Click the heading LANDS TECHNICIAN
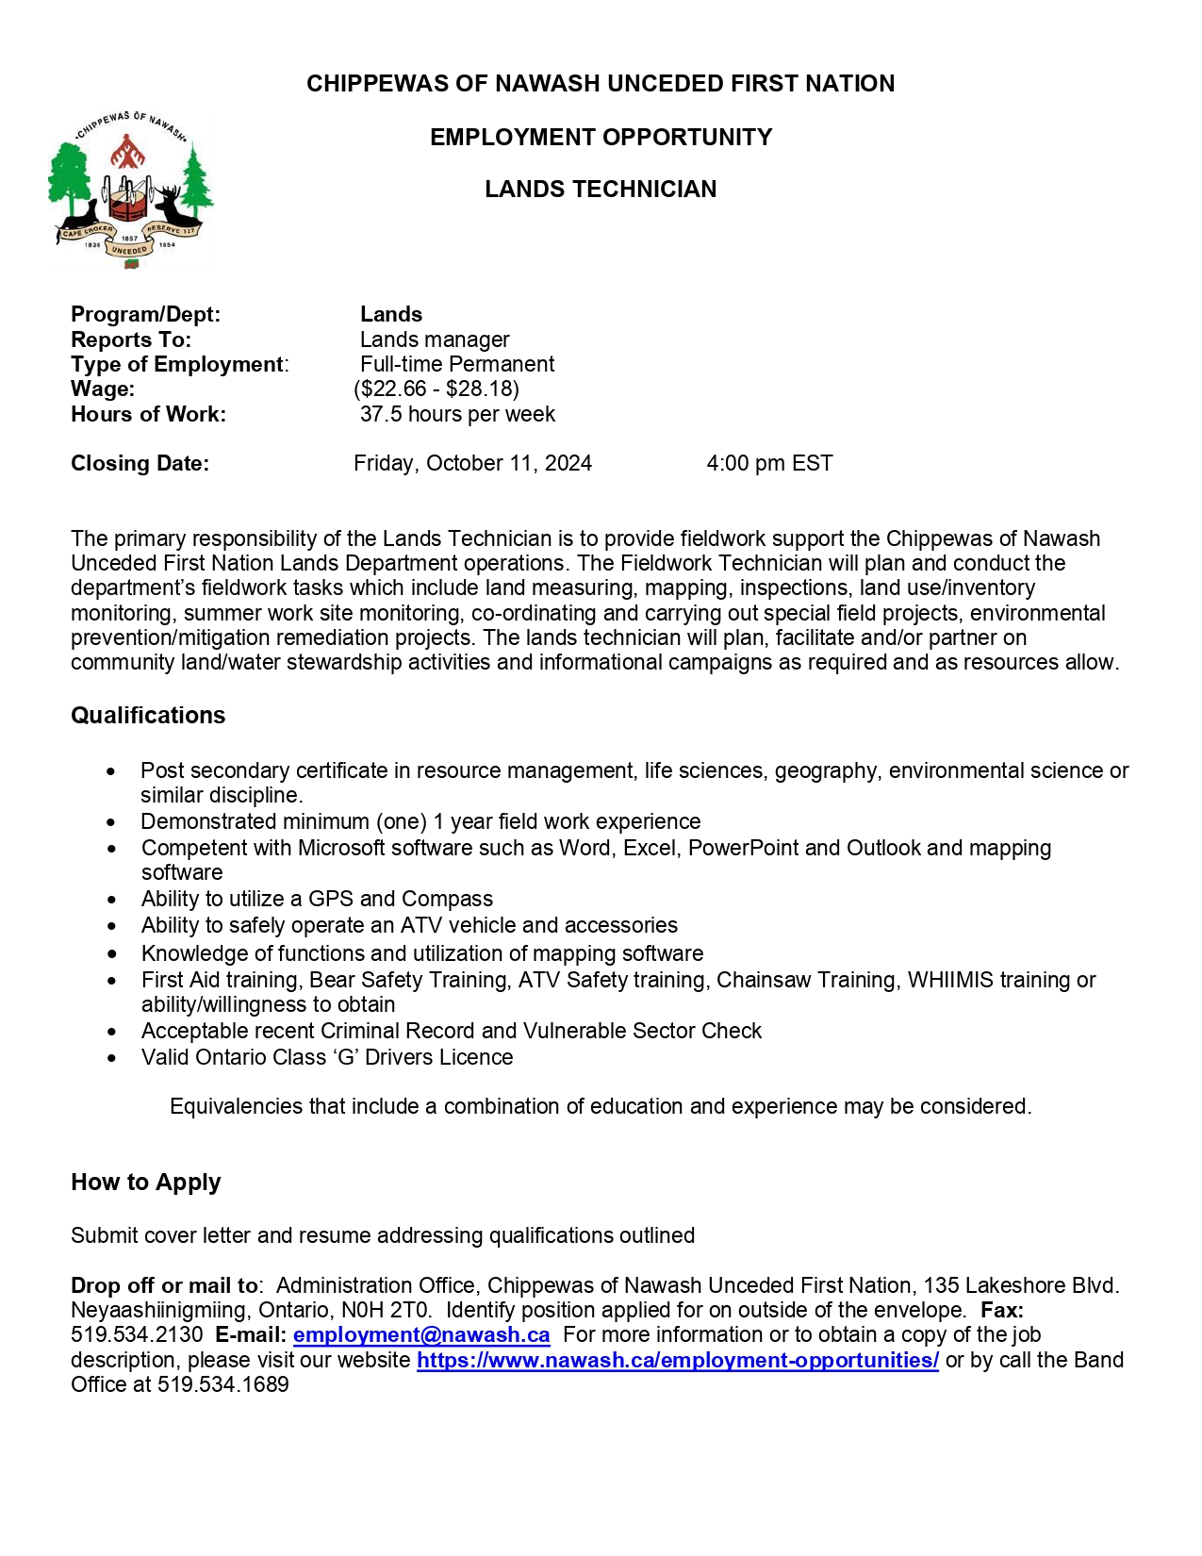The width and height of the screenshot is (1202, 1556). [601, 190]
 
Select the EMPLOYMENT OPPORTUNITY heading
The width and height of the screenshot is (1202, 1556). [601, 138]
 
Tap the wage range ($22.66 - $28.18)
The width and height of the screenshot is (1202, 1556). [436, 389]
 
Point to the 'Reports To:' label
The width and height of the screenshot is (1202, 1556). [131, 339]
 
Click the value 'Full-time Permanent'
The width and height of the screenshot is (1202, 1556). [457, 364]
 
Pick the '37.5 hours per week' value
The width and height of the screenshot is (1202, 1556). [457, 414]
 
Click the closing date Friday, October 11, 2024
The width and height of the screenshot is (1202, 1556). [472, 463]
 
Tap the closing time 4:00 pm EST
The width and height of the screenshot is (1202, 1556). [769, 463]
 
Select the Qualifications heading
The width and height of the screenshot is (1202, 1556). [148, 716]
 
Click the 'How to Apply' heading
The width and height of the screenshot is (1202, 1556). [146, 1183]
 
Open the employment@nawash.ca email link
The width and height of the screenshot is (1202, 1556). [421, 1335]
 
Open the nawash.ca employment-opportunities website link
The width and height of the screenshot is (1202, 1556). [678, 1361]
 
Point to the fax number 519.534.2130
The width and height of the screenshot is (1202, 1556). [137, 1335]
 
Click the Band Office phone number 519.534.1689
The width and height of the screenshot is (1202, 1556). [223, 1385]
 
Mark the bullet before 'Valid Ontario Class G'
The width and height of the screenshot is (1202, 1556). [113, 1058]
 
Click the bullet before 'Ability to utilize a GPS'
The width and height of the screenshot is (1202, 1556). [113, 900]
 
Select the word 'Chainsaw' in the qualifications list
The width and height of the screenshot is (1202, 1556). [758, 981]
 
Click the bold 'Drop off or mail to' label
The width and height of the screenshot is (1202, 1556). [164, 1286]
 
